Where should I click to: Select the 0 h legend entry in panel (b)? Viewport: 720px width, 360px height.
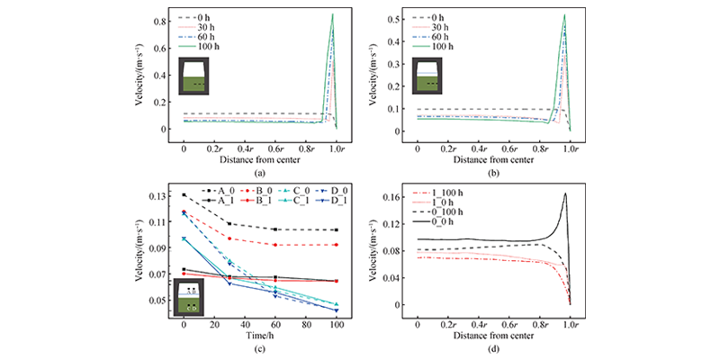point(436,18)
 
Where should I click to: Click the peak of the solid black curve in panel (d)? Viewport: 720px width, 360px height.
point(565,193)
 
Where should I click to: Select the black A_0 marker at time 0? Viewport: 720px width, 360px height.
point(184,194)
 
